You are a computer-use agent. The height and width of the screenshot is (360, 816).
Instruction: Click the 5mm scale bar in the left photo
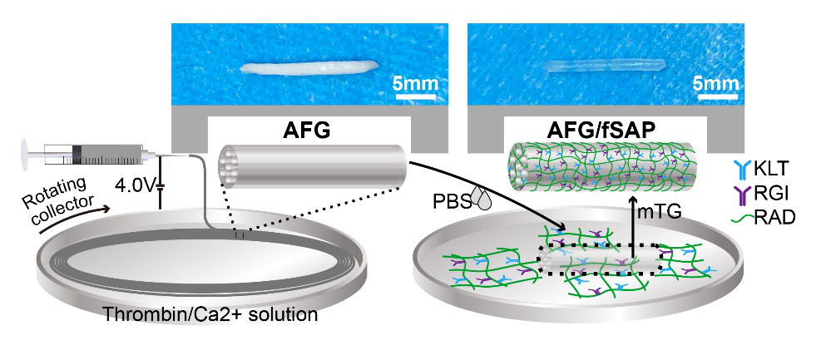click(x=413, y=97)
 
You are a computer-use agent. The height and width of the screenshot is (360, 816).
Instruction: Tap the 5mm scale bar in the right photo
click(x=712, y=97)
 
